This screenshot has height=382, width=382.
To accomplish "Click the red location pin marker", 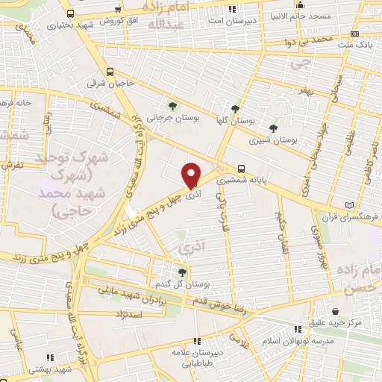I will pyautogui.click(x=192, y=175).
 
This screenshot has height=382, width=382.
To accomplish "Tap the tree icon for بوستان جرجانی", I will pyautogui.click(x=173, y=106).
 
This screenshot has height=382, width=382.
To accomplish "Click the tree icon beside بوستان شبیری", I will pyautogui.click(x=272, y=128).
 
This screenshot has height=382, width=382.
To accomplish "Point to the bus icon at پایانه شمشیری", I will pyautogui.click(x=240, y=168).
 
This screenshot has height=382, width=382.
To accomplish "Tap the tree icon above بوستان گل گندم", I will pyautogui.click(x=182, y=272).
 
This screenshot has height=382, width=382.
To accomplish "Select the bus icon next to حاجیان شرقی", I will pyautogui.click(x=110, y=72).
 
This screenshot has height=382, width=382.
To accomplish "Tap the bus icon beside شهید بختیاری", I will pyautogui.click(x=70, y=13).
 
